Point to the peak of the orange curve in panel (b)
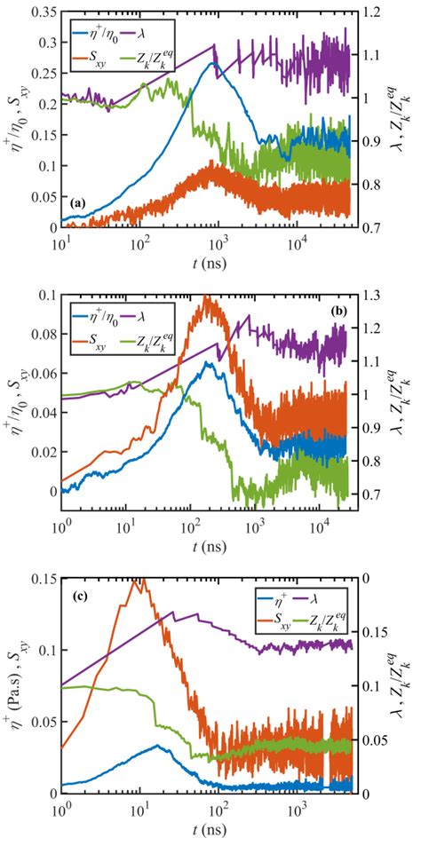pos(208,298)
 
